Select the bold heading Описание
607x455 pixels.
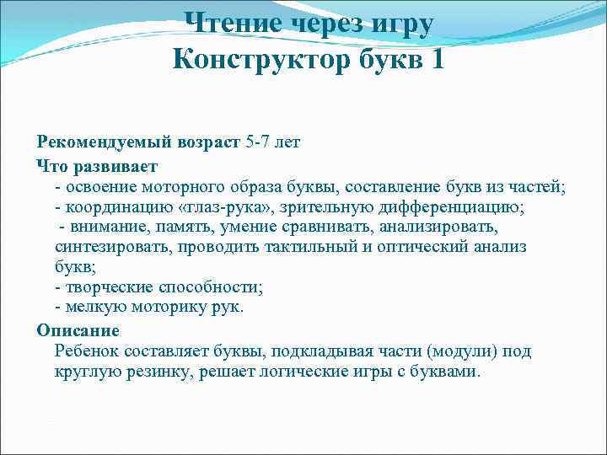point(78,329)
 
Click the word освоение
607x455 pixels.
point(105,185)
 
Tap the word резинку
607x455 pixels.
point(155,371)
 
